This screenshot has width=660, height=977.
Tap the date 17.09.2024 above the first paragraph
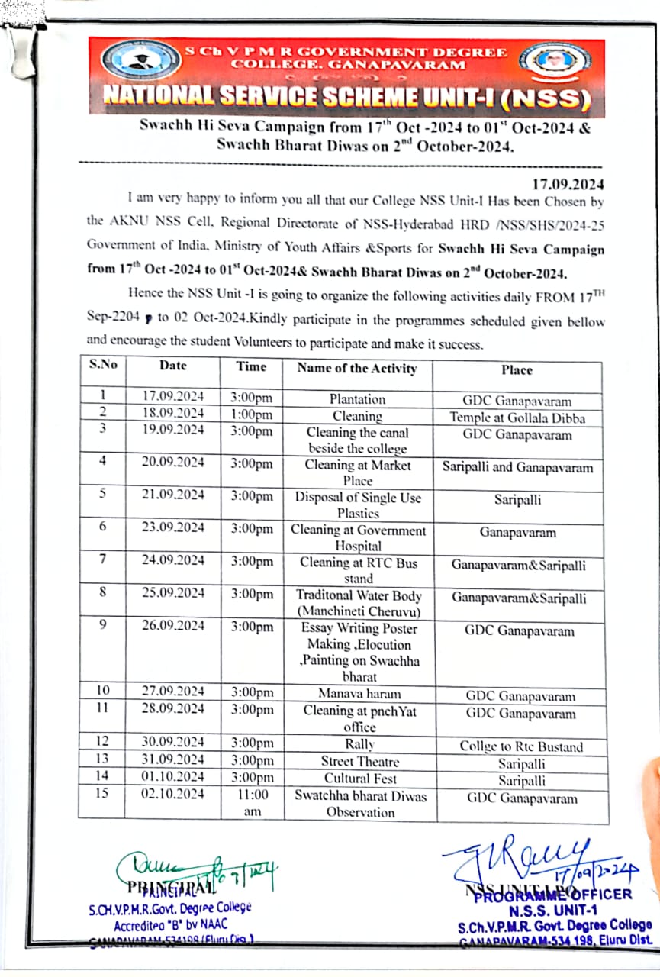coord(568,184)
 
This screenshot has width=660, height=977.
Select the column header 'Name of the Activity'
coord(357,369)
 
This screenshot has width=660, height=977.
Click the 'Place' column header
coord(517,370)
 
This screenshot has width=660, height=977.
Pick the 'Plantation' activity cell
coord(357,399)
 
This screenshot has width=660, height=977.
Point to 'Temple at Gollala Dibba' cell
coord(517,418)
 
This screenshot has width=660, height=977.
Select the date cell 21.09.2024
coord(173,495)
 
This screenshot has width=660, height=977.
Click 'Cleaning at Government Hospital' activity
coord(357,537)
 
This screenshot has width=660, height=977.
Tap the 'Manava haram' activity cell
coord(357,694)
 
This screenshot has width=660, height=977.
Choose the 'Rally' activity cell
coord(357,743)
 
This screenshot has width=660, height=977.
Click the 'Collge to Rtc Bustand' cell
coord(520,747)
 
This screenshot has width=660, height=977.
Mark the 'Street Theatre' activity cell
coord(357,761)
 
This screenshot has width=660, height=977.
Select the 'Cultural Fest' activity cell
coord(357,778)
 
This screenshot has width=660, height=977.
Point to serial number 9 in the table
coord(102,626)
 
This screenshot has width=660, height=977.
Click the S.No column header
coord(103,364)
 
